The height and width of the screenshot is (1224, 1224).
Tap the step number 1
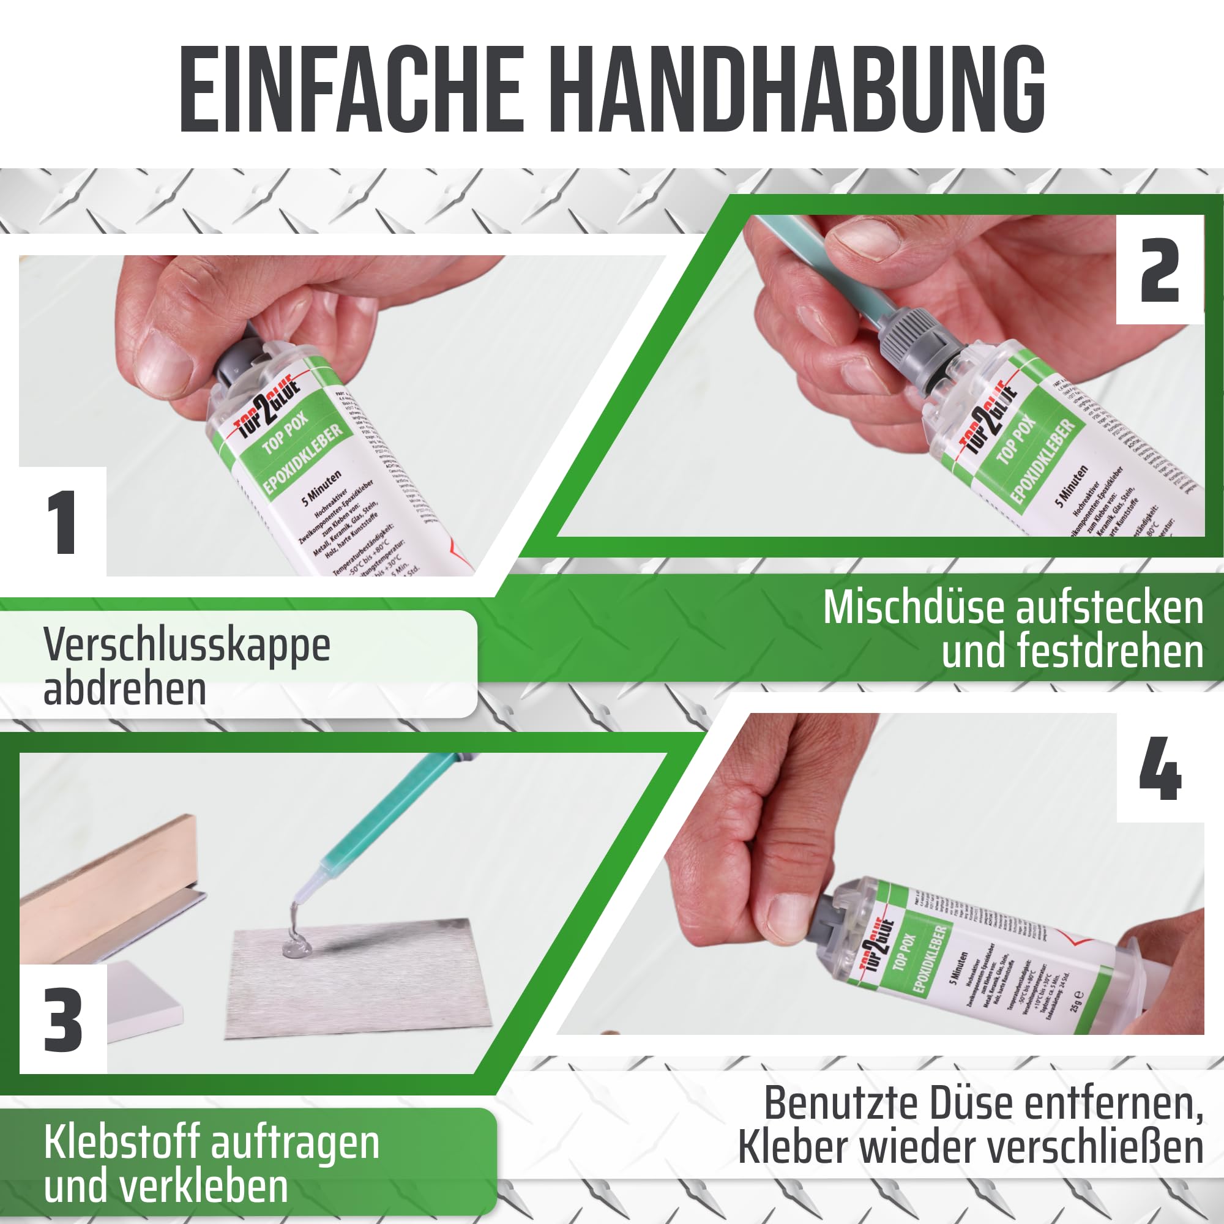click(62, 522)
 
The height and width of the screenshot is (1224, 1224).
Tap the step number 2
click(1159, 271)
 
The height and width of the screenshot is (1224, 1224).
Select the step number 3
click(62, 1021)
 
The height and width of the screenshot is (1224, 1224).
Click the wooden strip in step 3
click(108, 887)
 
